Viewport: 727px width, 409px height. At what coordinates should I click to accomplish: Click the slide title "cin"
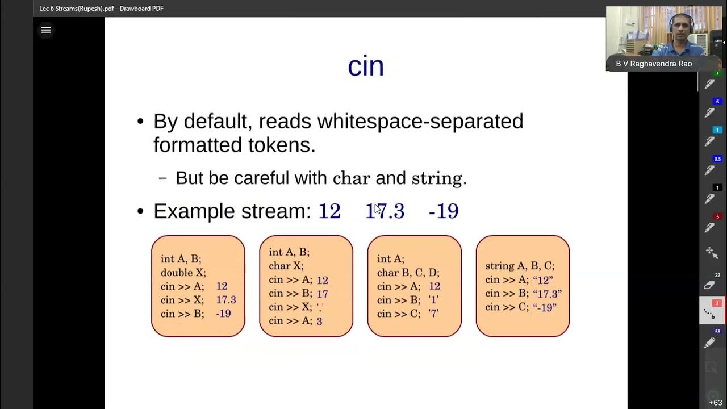[x=365, y=66]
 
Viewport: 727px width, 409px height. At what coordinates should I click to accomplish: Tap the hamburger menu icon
[x=46, y=30]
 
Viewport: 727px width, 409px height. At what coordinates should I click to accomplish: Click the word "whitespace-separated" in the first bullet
[x=420, y=121]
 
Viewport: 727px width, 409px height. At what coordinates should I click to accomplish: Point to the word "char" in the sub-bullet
[x=351, y=178]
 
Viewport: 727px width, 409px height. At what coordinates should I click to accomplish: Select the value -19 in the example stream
[x=443, y=211]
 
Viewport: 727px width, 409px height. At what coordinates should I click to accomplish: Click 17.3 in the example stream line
[x=385, y=211]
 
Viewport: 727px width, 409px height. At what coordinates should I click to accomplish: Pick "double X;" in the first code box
[x=183, y=273]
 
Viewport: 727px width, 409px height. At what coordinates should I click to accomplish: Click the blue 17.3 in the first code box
[x=225, y=300]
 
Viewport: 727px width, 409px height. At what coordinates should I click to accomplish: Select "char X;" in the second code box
[x=286, y=266]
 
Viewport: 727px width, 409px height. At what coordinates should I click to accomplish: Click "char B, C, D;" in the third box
[x=408, y=273]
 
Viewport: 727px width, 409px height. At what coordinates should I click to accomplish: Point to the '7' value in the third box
[x=433, y=314]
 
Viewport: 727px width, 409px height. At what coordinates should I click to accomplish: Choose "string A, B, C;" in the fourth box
[x=520, y=266]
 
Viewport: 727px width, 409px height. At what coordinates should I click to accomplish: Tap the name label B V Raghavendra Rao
[x=654, y=64]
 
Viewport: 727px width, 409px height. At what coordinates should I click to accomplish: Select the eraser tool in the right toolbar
[x=710, y=285]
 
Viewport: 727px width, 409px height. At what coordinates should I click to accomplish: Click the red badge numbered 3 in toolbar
[x=717, y=303]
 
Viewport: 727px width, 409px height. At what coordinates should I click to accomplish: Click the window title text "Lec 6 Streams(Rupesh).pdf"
[x=78, y=9]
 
